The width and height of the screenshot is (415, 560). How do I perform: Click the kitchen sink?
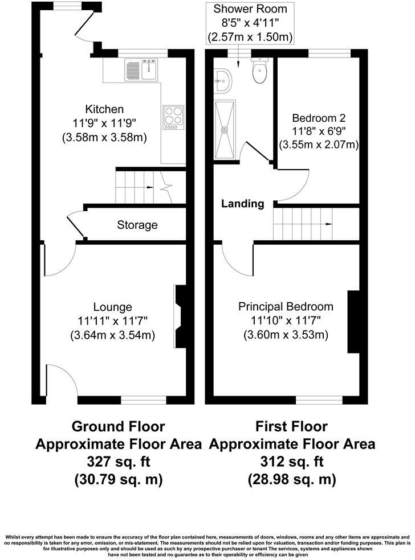[x=141, y=69]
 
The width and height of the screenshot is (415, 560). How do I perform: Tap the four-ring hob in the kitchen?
[x=173, y=117]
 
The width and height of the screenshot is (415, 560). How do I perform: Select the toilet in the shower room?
[x=259, y=71]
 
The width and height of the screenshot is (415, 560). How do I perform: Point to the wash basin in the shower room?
[x=223, y=81]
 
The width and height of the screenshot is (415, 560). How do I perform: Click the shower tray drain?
[x=225, y=129]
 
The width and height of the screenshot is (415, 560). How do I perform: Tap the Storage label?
[x=137, y=225]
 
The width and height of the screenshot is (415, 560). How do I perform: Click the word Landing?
[x=243, y=204]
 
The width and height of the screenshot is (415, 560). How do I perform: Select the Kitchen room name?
[x=104, y=109]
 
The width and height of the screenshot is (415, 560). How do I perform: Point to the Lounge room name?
[x=113, y=307]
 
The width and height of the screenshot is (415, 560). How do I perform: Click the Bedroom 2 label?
[x=319, y=118]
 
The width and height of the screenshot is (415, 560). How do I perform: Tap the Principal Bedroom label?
[x=286, y=306]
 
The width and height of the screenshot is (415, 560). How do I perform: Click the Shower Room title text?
[x=250, y=9]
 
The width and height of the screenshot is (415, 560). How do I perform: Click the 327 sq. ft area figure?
[x=119, y=462]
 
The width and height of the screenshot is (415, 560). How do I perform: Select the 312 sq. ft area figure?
[x=292, y=462]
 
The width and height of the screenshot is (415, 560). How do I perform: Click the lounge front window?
[x=144, y=400]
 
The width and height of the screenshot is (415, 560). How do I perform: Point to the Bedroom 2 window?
[x=329, y=53]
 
